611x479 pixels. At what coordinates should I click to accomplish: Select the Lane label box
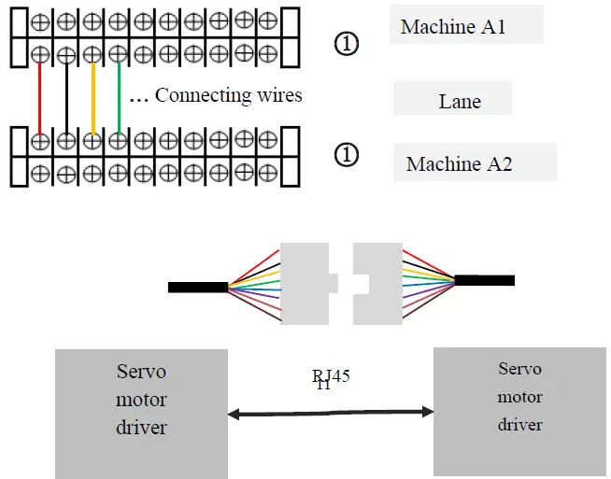(452, 99)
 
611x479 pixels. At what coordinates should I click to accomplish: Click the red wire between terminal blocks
(40, 99)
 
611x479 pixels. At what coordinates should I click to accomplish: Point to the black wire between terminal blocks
(66, 99)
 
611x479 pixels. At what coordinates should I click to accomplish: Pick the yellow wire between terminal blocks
(92, 99)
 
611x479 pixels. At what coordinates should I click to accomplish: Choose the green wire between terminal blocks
(119, 99)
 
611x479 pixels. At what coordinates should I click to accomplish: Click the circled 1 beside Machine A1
(346, 43)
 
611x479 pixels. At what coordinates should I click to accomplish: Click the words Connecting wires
(228, 95)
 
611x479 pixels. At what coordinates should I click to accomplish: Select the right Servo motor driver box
(519, 411)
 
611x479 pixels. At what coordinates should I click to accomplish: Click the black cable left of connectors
(197, 287)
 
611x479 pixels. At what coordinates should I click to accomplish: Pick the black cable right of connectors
(484, 280)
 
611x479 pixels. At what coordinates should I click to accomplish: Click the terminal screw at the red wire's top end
(40, 55)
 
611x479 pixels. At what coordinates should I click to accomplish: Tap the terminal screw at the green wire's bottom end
(118, 142)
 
